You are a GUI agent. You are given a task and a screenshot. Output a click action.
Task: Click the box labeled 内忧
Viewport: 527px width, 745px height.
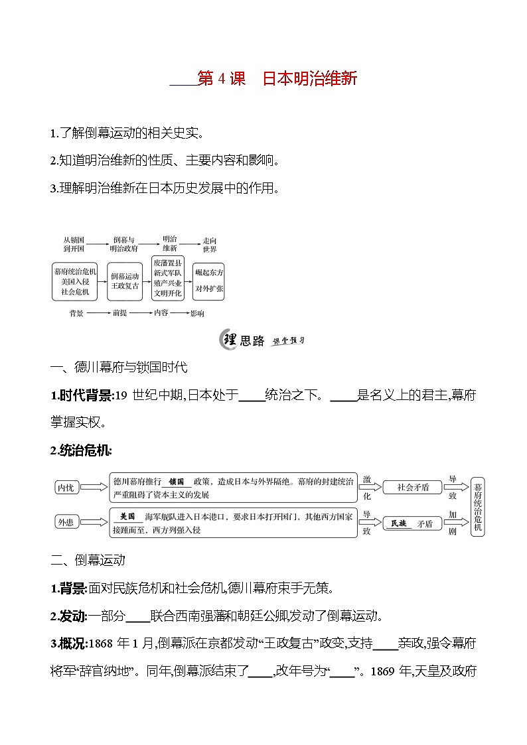click(66, 488)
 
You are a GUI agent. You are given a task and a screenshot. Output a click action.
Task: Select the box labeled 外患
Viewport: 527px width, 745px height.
click(66, 522)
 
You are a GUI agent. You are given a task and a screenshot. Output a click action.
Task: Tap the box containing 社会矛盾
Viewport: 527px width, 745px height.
click(413, 488)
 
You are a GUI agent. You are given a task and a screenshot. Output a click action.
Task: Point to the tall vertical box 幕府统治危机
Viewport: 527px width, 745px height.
click(478, 505)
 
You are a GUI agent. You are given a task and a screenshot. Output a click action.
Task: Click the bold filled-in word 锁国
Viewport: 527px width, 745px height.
click(176, 482)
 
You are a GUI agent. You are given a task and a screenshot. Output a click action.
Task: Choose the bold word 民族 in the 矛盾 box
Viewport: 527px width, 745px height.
click(398, 523)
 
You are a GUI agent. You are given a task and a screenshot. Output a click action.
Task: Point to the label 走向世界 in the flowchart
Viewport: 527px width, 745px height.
click(210, 244)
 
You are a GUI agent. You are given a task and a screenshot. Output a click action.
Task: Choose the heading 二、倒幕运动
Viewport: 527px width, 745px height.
click(88, 559)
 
